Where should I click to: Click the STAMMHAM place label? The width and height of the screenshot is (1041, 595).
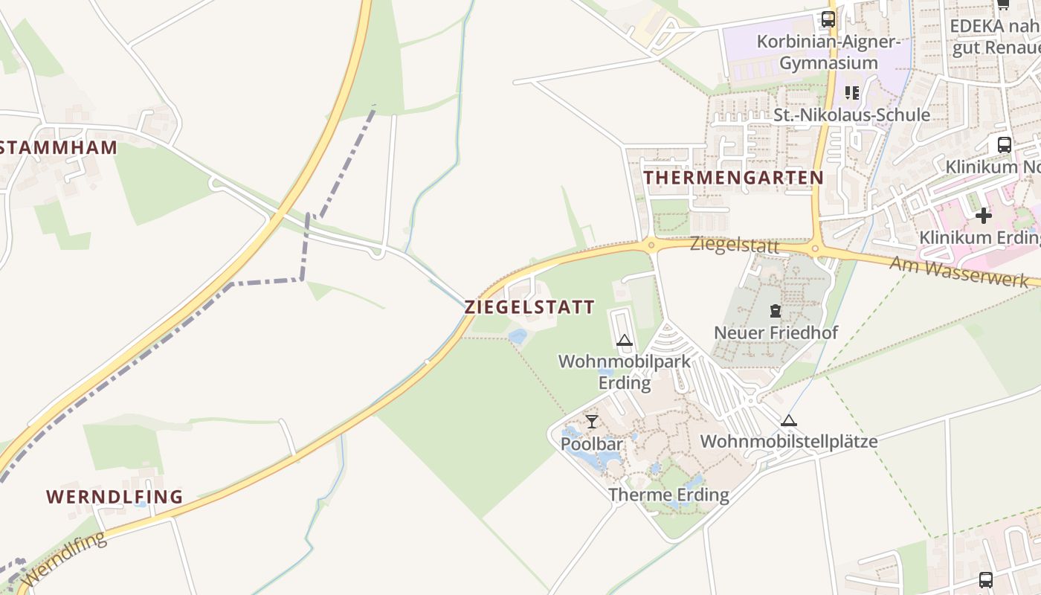click(58, 147)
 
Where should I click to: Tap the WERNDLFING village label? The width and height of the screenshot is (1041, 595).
click(115, 497)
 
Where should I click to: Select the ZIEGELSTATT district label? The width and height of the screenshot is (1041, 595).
click(529, 306)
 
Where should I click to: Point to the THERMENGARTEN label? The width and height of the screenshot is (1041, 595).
click(733, 178)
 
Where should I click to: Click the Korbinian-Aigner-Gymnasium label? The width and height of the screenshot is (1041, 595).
click(828, 51)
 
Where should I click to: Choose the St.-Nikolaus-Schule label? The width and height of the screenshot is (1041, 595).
click(851, 115)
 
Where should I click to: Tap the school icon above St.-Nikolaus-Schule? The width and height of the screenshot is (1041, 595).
click(852, 93)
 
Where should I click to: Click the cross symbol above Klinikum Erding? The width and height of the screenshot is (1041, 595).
click(983, 216)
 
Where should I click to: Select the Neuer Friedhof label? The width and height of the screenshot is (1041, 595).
click(776, 332)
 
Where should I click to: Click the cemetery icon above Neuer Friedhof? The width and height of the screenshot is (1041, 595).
click(776, 311)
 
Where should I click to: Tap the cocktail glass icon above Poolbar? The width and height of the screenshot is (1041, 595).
click(592, 422)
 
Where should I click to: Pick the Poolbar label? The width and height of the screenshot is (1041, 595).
click(592, 445)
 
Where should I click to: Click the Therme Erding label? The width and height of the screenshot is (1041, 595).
click(668, 495)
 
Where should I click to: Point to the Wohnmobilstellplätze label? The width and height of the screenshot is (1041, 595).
click(789, 442)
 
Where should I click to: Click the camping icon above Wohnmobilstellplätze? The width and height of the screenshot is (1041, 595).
click(789, 420)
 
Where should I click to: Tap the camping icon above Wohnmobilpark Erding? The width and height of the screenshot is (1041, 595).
click(625, 341)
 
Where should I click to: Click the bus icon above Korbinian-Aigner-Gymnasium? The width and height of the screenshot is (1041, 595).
click(828, 19)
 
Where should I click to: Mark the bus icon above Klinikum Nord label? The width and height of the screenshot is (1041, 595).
click(1004, 144)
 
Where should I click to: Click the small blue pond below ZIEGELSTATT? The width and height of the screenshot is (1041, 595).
click(518, 336)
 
